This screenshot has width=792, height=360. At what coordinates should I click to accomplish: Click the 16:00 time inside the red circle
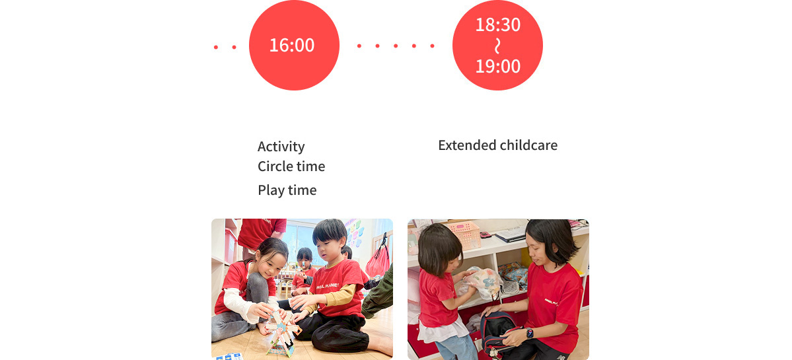tap(292, 46)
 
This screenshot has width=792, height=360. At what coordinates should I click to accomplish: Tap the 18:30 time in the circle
tap(497, 25)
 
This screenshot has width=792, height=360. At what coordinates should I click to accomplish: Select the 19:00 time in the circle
tap(497, 66)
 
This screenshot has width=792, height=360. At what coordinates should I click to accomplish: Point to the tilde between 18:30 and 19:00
tap(497, 46)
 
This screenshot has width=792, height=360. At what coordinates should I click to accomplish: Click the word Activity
tap(281, 147)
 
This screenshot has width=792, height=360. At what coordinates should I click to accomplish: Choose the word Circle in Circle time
tap(274, 166)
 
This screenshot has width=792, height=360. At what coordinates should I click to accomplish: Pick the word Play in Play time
tap(270, 190)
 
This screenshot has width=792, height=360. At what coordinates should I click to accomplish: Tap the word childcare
tap(528, 145)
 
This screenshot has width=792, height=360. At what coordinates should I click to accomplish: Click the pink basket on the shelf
tap(463, 233)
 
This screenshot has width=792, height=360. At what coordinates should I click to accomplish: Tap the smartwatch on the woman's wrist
tap(529, 332)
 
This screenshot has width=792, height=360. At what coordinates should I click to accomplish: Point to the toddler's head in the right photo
tap(438, 248)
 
